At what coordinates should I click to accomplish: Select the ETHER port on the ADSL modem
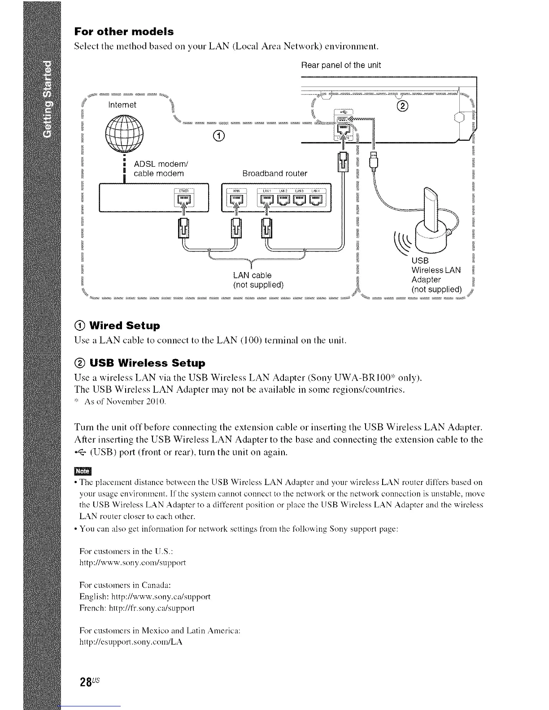183,198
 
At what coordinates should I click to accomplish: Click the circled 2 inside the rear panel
402,106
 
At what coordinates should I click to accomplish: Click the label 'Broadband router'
274,173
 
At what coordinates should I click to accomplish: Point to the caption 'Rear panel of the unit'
341,65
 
